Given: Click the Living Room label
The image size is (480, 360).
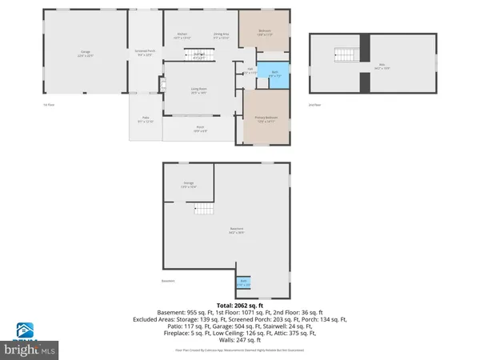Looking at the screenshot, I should pos(198,90).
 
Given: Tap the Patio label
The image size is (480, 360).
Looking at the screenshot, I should pos(145,119).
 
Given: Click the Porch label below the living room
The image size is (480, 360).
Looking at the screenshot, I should pos(200,128).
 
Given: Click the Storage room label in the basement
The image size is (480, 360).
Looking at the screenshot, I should pos(189,185).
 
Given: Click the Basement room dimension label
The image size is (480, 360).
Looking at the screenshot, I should pos(238,231).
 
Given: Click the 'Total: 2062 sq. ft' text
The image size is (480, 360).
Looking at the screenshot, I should pos(239,305).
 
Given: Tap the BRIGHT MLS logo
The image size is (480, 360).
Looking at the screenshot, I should pos(30,340).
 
